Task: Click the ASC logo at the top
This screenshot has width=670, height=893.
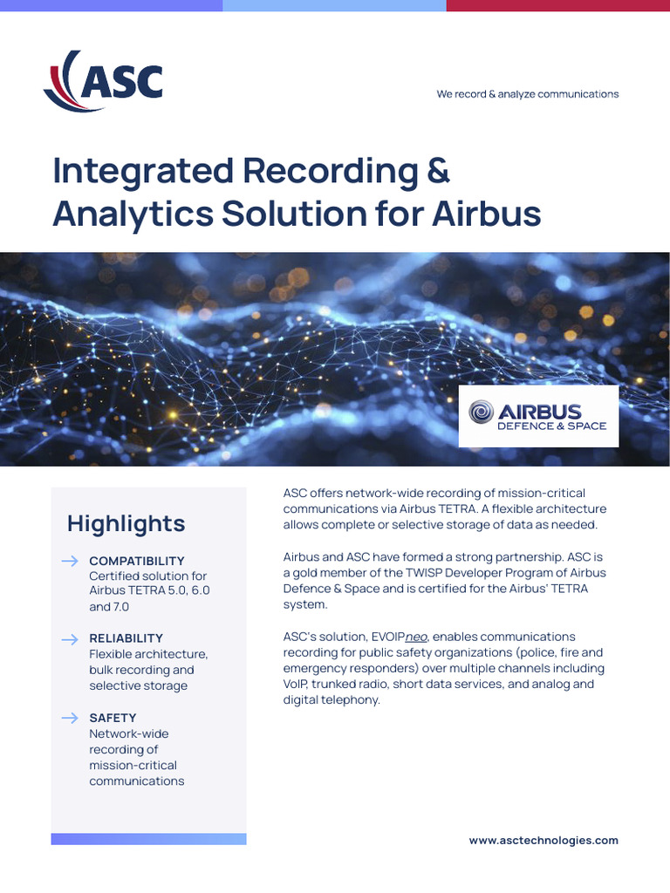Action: [103, 81]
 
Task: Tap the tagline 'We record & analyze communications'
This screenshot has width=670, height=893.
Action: [528, 94]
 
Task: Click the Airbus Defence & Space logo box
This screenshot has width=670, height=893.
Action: [538, 416]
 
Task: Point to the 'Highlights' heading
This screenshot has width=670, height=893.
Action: [126, 523]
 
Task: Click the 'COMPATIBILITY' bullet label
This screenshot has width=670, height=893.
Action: [137, 561]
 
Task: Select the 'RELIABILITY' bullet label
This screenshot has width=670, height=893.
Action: [126, 638]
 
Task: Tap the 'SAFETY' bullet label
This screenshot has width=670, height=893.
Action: [113, 718]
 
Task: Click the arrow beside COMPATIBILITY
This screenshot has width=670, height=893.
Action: [70, 561]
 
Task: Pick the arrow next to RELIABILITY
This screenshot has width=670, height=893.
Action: [70, 639]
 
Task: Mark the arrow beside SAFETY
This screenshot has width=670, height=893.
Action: [70, 718]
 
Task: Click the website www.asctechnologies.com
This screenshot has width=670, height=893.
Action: [544, 841]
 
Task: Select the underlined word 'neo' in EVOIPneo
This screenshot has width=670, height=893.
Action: [416, 637]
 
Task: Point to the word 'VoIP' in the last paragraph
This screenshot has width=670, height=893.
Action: [297, 685]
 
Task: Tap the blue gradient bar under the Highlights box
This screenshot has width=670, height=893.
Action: [148, 839]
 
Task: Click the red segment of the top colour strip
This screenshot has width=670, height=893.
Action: [558, 5]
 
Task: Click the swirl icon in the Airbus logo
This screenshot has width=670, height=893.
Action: [482, 412]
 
